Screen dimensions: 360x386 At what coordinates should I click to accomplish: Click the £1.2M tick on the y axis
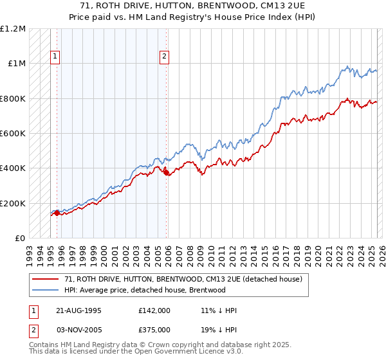13,29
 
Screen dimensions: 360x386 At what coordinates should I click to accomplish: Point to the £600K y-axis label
13,134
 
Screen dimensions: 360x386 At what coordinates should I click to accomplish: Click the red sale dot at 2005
167,172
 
